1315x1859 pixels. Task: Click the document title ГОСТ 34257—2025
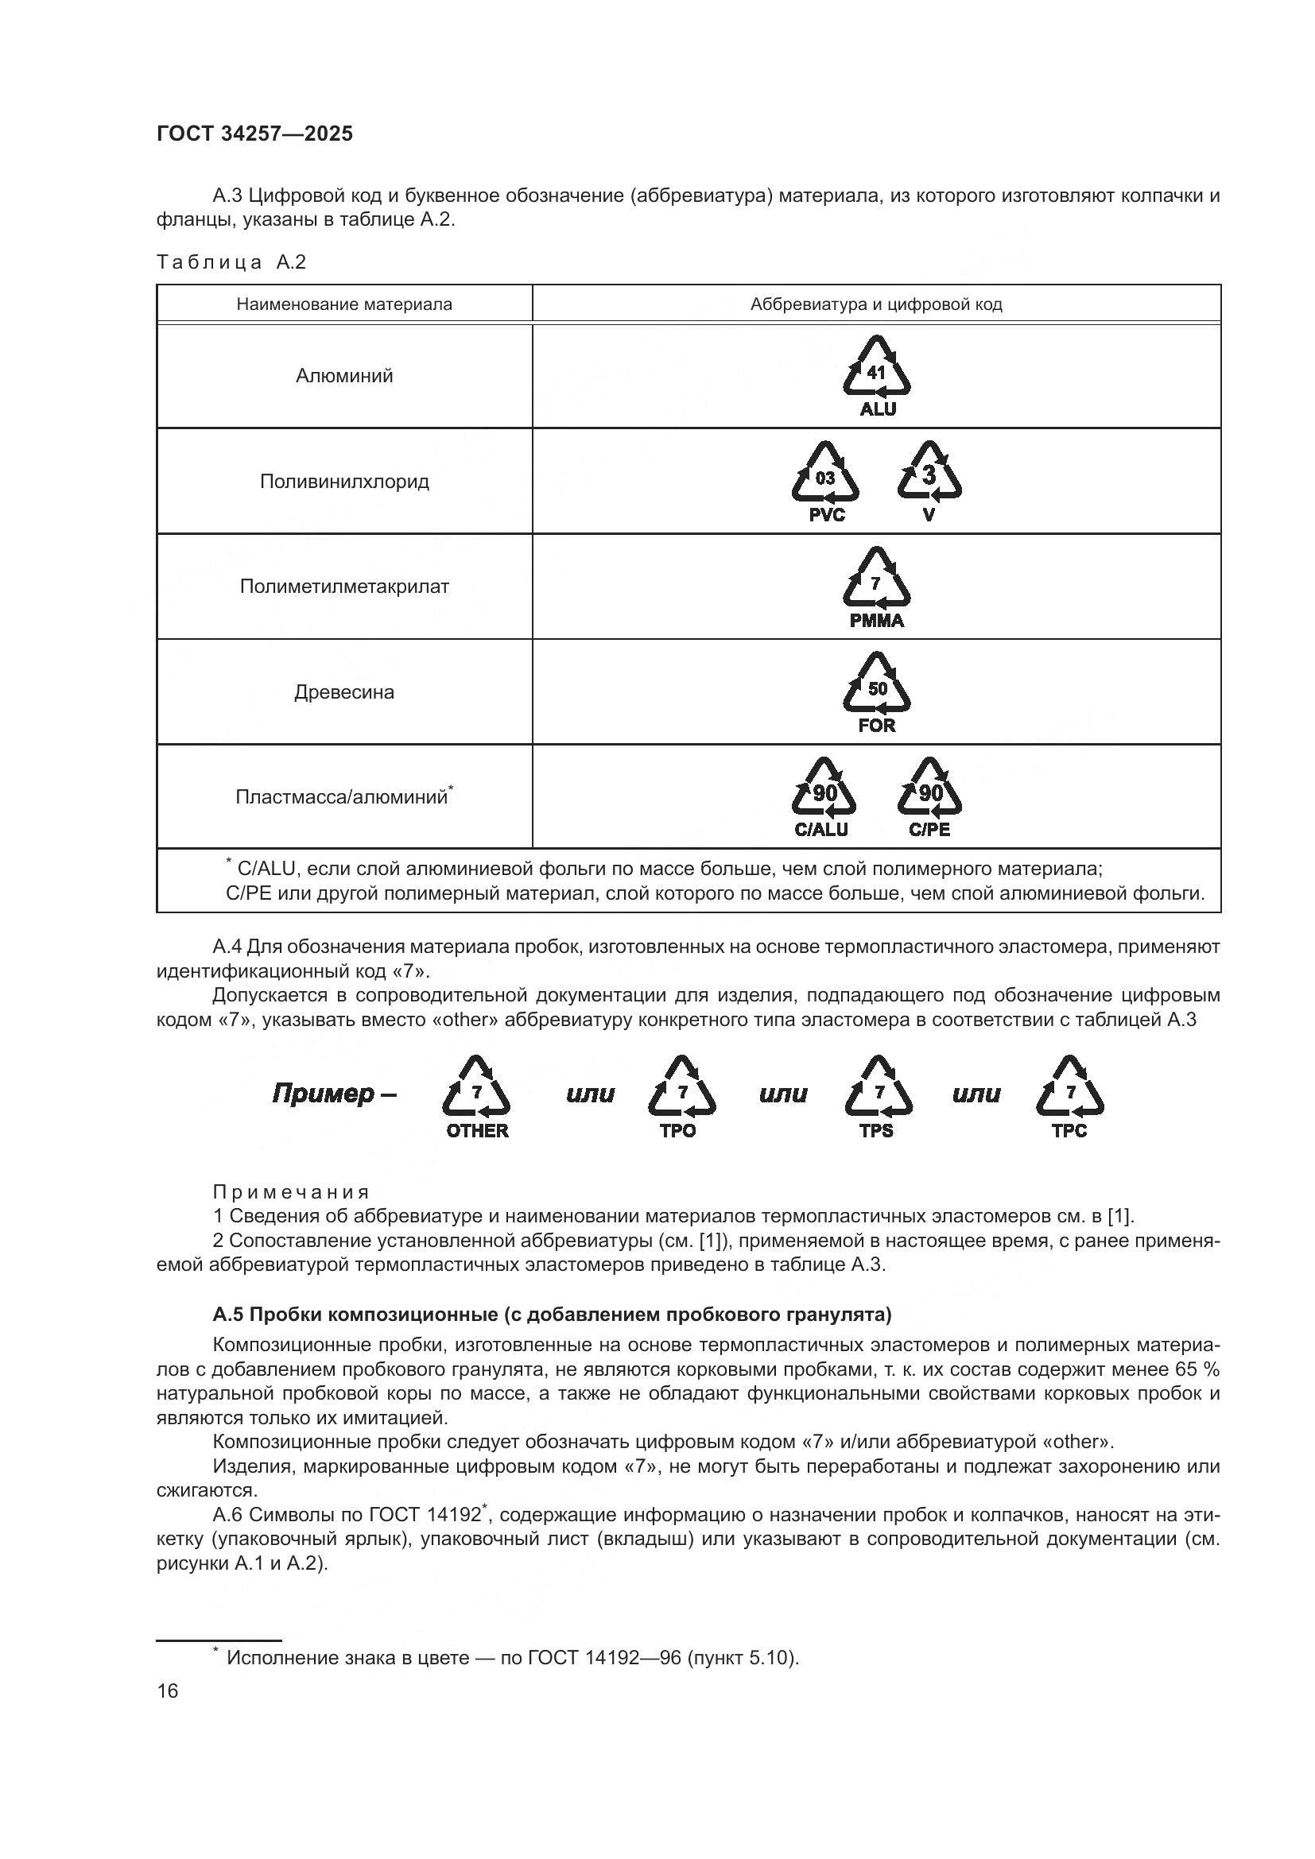pyautogui.click(x=255, y=134)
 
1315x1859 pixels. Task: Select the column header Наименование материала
pyautogui.click(x=344, y=304)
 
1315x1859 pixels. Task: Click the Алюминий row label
pyautogui.click(x=344, y=376)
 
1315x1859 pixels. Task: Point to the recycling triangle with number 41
pyautogui.click(x=877, y=369)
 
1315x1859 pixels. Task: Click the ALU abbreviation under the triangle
pyautogui.click(x=878, y=409)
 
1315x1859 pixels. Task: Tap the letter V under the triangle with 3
pyautogui.click(x=929, y=515)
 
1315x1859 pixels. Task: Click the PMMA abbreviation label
pyautogui.click(x=877, y=621)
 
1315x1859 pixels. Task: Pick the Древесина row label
pyautogui.click(x=344, y=692)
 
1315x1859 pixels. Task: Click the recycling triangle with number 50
pyautogui.click(x=877, y=685)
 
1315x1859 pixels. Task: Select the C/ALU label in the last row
pyautogui.click(x=821, y=830)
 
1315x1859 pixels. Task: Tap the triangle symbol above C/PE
pyautogui.click(x=929, y=789)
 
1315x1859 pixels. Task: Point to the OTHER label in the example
pyautogui.click(x=477, y=1131)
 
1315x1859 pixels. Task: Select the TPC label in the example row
pyautogui.click(x=1069, y=1131)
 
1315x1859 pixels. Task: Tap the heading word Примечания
pyautogui.click(x=292, y=1192)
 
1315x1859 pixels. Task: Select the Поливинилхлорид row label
pyautogui.click(x=344, y=482)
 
